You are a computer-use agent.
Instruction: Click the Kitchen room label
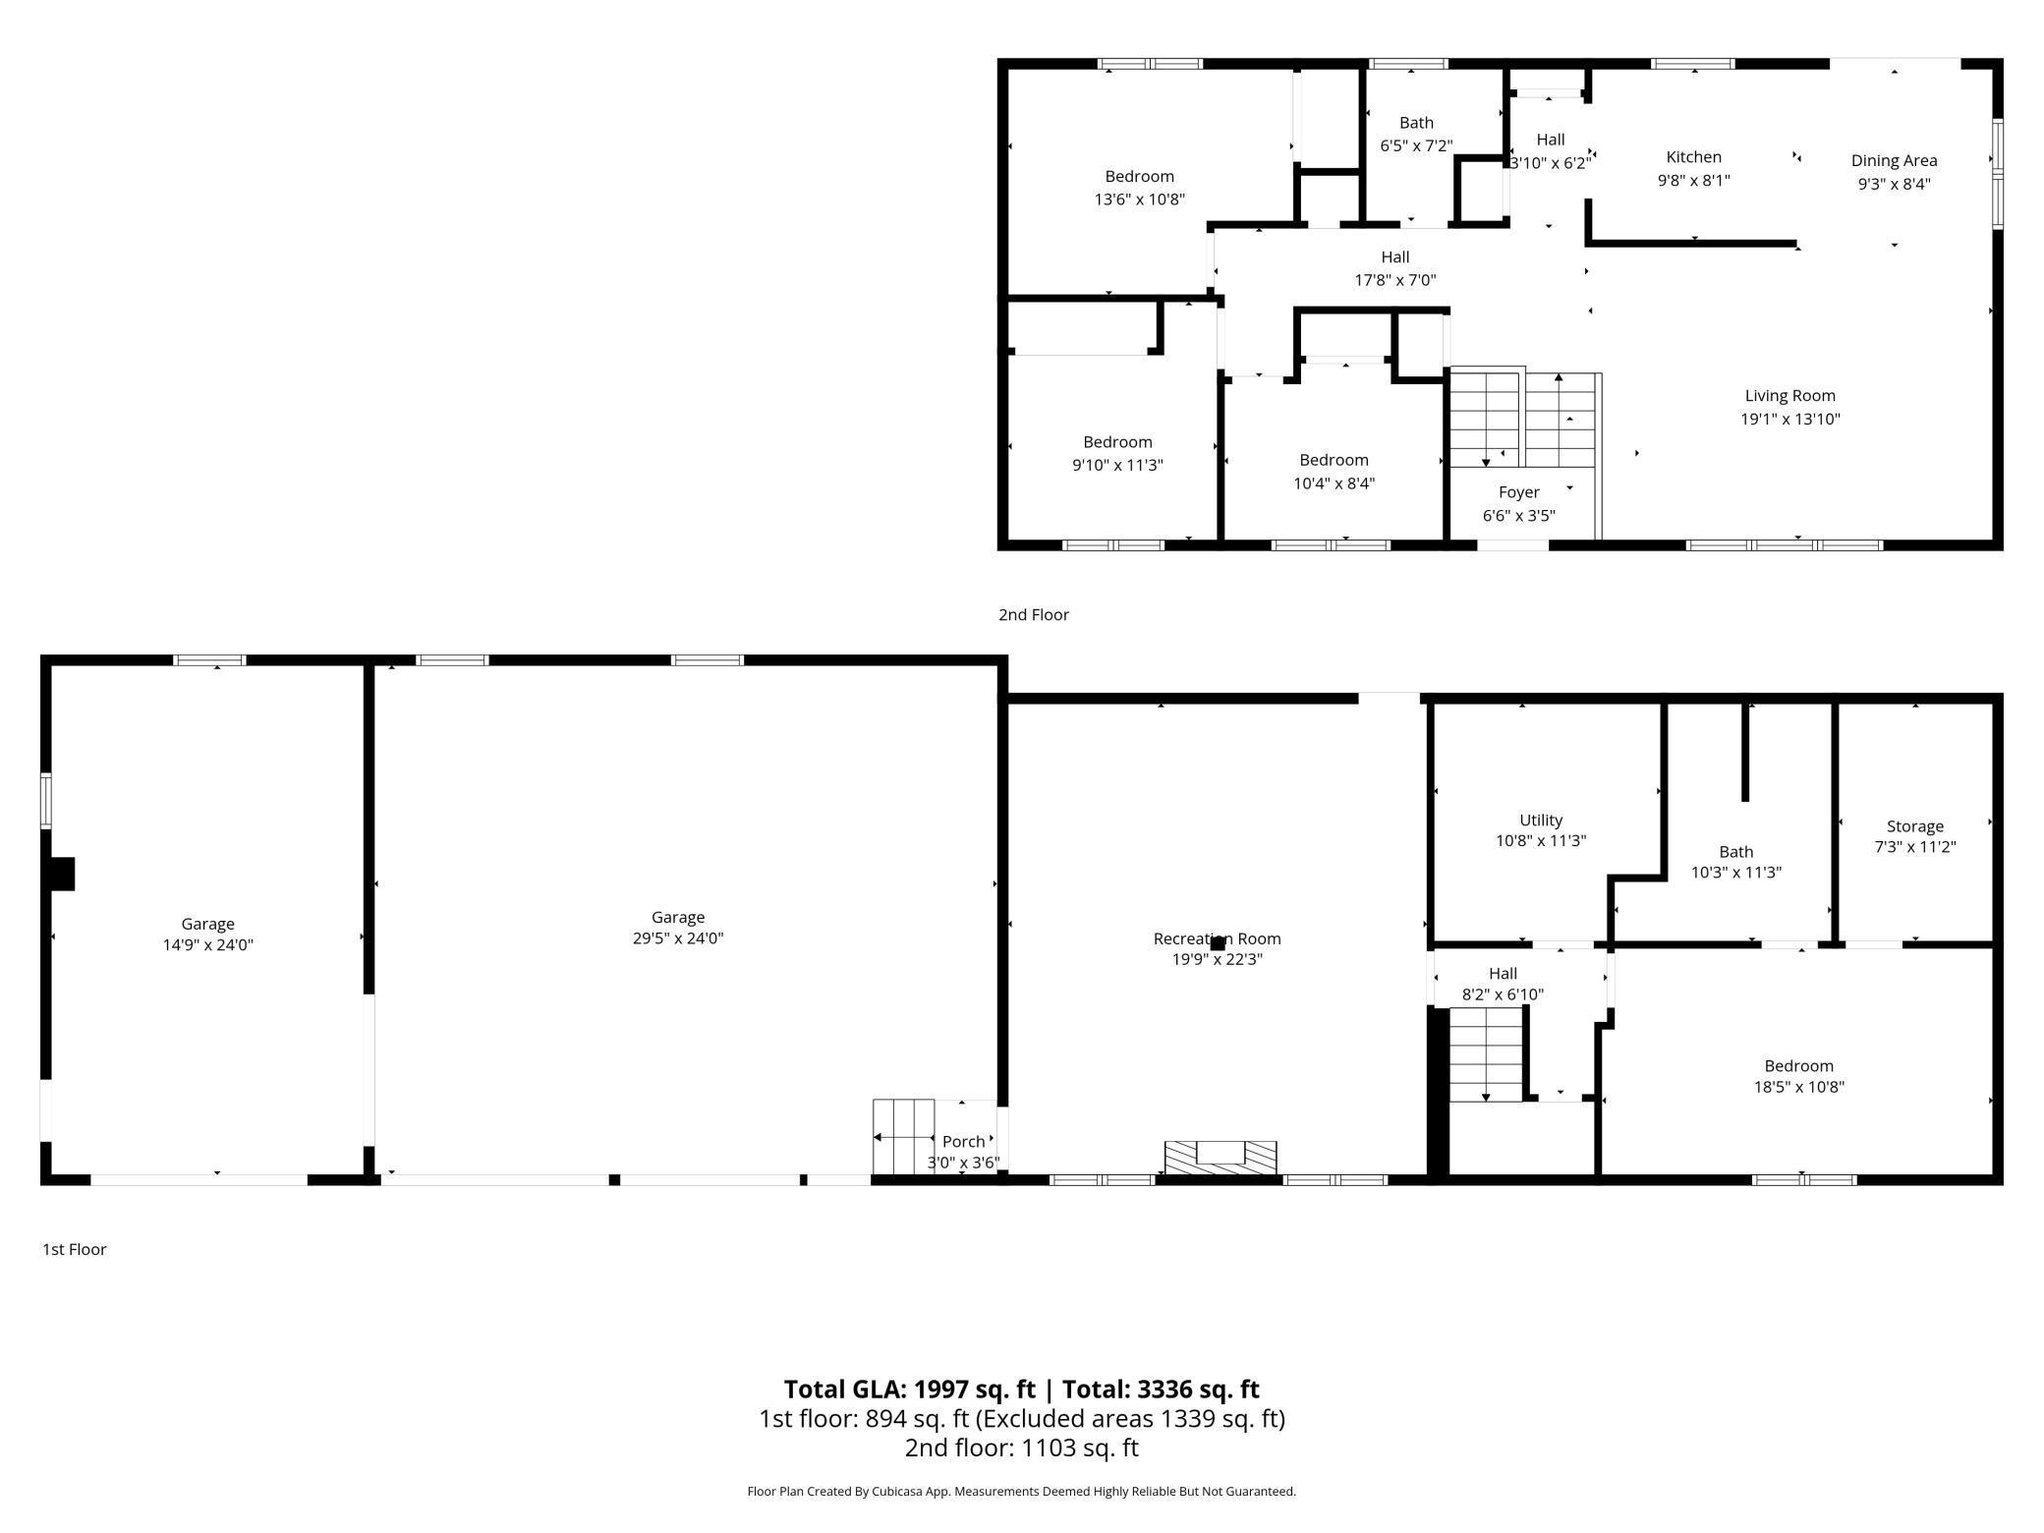coord(1693,157)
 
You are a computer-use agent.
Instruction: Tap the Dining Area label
coord(1894,161)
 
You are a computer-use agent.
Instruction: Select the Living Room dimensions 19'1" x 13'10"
coord(1789,419)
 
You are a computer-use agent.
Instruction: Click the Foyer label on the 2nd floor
coord(1518,492)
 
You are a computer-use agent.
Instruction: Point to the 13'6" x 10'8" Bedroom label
coord(1139,177)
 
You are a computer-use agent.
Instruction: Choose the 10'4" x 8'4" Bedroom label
coord(1334,460)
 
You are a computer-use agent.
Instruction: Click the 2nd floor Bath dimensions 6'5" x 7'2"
coord(1416,146)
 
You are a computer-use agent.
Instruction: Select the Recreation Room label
coord(1217,938)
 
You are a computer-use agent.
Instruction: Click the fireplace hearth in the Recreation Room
coord(1220,1157)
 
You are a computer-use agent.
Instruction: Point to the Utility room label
coord(1540,821)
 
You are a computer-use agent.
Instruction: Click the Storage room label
coord(1914,826)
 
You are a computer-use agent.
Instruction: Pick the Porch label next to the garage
coord(963,1142)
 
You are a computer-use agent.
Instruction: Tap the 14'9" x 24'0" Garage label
coord(207,924)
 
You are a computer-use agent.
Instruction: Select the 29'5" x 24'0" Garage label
coord(677,918)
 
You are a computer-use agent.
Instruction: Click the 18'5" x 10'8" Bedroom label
coord(1798,1066)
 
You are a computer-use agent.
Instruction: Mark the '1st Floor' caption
coord(74,1249)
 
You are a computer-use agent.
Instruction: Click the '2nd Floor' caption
coord(1033,615)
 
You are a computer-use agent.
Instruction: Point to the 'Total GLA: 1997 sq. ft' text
coord(909,1390)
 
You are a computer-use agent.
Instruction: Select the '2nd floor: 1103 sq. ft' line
coord(1021,1448)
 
